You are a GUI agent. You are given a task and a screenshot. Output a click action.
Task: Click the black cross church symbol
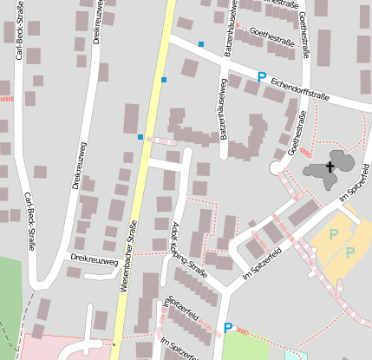click(330, 166)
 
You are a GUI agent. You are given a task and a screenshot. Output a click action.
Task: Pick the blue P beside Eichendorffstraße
click(261, 77)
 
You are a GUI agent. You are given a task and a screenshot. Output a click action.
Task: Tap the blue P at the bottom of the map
click(228, 327)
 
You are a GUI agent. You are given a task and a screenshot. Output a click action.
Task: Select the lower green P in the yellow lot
click(349, 252)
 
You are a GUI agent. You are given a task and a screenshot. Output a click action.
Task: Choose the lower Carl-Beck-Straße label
click(29, 220)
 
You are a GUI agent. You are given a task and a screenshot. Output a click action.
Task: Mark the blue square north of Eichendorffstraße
click(201, 43)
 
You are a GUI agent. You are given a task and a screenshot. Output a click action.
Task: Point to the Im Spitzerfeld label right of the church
click(356, 184)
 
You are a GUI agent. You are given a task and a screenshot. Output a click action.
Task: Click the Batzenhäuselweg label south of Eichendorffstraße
click(223, 109)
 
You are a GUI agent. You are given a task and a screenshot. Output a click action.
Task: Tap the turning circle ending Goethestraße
click(277, 167)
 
